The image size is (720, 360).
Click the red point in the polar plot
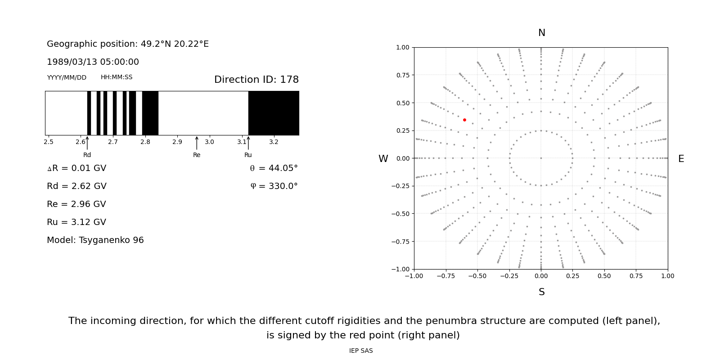point(464,120)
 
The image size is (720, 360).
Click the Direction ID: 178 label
point(256,80)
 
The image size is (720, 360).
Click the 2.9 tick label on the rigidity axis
point(177,142)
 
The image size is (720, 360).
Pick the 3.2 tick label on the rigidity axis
point(274,142)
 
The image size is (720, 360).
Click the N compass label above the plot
point(542,33)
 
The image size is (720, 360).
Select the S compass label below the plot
point(542,292)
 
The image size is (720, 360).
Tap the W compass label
point(383,159)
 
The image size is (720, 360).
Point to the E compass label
point(681,159)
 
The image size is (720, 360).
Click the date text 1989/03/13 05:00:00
point(93,62)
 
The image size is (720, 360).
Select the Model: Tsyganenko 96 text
point(95,240)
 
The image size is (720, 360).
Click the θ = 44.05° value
point(274,168)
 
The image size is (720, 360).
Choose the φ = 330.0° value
point(274,186)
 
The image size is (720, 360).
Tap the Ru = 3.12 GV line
point(76,222)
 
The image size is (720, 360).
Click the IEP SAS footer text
point(361,351)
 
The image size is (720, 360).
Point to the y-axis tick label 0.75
point(402,75)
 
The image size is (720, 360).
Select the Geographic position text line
point(128,44)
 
